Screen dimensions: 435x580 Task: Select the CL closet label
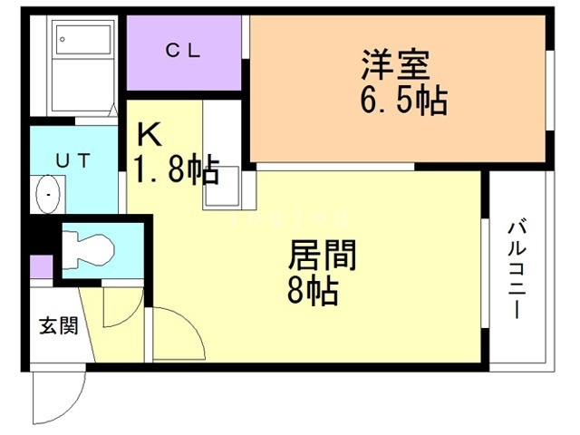[184, 51]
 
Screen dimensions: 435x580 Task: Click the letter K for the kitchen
[149, 135]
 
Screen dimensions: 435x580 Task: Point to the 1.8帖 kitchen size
[176, 169]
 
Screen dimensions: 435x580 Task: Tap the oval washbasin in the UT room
[47, 193]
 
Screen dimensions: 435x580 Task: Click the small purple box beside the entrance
[41, 267]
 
